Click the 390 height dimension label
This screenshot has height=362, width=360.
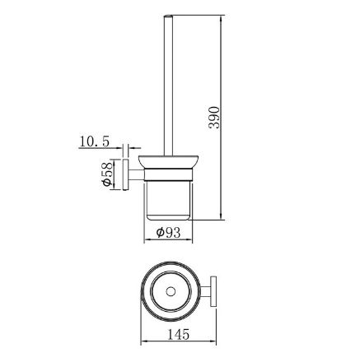tap(214, 118)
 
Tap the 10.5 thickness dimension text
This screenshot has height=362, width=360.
tap(94, 142)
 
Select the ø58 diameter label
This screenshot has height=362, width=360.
tap(107, 174)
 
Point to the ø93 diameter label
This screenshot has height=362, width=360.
tap(168, 233)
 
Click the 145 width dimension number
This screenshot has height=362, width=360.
tap(179, 335)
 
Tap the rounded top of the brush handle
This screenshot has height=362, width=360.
tap(168, 16)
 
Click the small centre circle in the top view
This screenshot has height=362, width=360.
tap(171, 291)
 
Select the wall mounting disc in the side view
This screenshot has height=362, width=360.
tap(126, 174)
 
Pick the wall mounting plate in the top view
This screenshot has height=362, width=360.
tap(213, 292)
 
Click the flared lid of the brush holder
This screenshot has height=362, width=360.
tap(168, 162)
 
